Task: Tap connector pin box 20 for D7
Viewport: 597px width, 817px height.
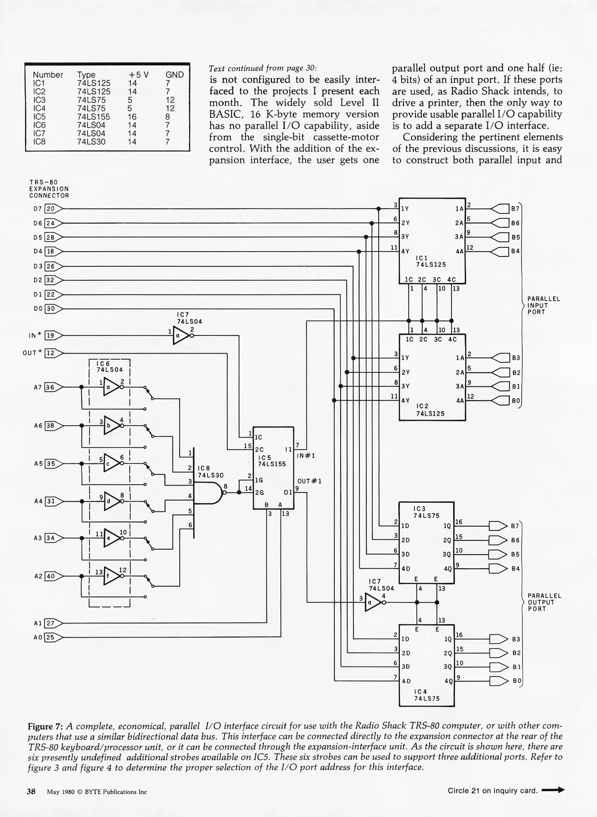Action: point(50,209)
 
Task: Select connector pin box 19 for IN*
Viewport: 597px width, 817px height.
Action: point(50,335)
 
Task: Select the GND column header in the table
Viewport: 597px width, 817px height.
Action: point(174,75)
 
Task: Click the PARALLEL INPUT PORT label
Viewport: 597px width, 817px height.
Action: point(544,305)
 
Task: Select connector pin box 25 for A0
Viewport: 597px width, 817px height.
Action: point(50,637)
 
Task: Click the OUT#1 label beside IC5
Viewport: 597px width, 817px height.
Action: point(309,482)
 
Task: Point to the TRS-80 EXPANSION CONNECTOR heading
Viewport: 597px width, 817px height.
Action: point(49,189)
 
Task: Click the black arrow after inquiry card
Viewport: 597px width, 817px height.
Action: point(553,790)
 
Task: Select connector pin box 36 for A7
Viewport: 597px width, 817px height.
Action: point(50,387)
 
